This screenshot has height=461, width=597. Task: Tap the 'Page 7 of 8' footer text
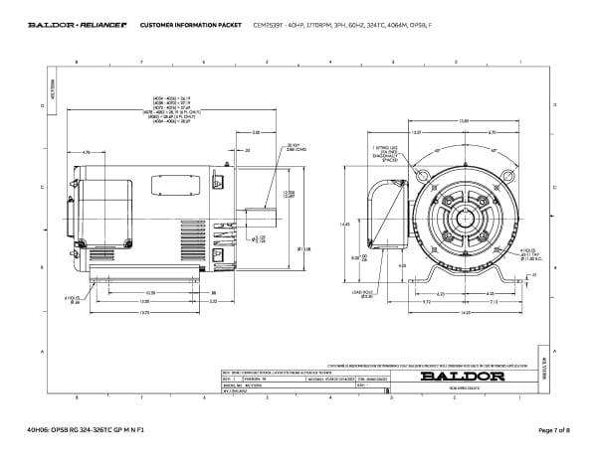click(551, 429)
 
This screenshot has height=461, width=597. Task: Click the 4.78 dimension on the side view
click(88, 152)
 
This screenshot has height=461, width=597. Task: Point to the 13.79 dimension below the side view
click(145, 313)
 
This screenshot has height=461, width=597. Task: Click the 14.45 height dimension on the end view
click(346, 225)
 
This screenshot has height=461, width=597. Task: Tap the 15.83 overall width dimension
click(464, 121)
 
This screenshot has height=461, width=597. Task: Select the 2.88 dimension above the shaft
click(256, 132)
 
